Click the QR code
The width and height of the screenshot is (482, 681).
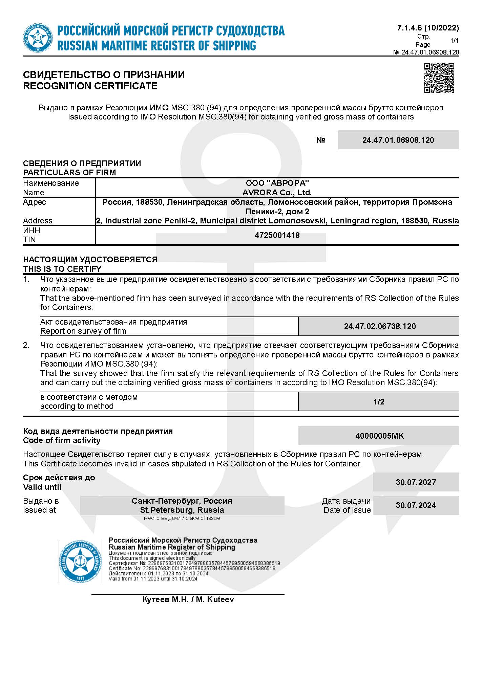439,78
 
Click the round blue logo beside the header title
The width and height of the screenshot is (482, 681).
38,38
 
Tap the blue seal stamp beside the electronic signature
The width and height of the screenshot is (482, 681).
80,562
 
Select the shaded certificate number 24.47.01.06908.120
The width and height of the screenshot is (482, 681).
398,140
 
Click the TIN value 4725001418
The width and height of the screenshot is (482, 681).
277,235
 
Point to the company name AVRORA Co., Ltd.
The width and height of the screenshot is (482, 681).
277,193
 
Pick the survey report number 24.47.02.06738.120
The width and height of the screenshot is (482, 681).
380,326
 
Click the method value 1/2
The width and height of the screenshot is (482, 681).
379,402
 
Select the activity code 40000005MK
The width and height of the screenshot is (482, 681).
379,436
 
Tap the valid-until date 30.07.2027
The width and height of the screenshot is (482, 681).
416,482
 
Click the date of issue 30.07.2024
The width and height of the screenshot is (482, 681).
416,505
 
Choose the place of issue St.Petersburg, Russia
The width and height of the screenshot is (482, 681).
182,510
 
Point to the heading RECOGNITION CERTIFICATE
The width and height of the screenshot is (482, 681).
90,86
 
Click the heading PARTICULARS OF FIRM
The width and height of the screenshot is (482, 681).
69,173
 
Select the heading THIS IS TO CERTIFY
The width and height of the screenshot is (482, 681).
62,269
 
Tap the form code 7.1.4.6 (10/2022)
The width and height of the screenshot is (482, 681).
428,28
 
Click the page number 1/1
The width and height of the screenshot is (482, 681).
454,41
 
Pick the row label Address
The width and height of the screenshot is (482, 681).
38,221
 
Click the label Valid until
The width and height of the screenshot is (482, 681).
42,487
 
